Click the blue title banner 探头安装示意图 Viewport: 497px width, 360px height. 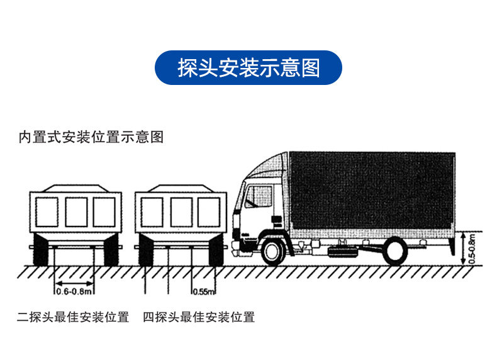[248, 67]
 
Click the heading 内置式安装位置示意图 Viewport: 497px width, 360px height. [91, 137]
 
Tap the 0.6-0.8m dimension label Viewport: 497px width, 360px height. [74, 291]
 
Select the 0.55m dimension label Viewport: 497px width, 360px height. [204, 291]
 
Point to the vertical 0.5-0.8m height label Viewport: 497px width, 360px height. [472, 249]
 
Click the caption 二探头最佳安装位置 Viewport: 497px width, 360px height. [73, 317]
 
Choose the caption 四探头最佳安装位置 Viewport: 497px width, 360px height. [199, 317]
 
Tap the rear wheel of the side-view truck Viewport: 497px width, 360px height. [395, 252]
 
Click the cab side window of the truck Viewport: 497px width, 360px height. [259, 196]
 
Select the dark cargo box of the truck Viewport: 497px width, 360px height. [372, 191]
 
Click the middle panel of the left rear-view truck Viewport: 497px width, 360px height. [76, 212]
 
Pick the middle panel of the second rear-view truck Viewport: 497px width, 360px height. [181, 212]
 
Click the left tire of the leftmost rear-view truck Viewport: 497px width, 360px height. [40, 250]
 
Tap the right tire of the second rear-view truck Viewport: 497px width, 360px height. [216, 250]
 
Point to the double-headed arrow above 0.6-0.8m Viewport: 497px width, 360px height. [74, 283]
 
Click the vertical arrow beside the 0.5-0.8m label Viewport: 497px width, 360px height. [463, 249]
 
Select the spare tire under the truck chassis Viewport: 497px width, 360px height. [342, 252]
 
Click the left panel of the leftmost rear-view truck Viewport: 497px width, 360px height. [47, 212]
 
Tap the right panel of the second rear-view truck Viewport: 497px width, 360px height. [209, 212]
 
